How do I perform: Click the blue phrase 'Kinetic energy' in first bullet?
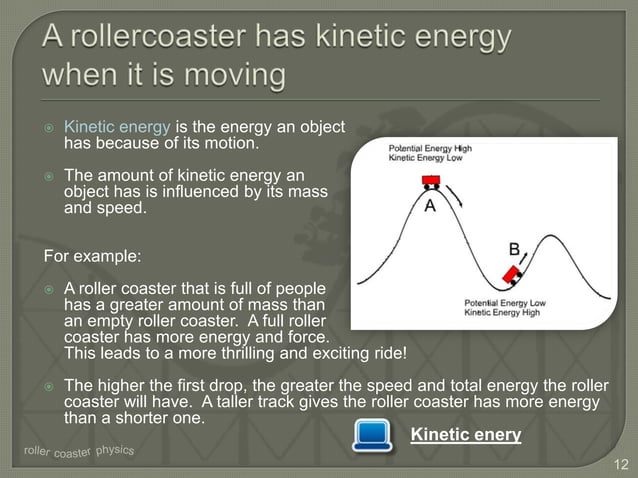click(118, 128)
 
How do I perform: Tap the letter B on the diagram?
click(513, 249)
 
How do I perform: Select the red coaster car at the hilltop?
click(431, 181)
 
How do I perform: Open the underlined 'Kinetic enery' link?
click(466, 434)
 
